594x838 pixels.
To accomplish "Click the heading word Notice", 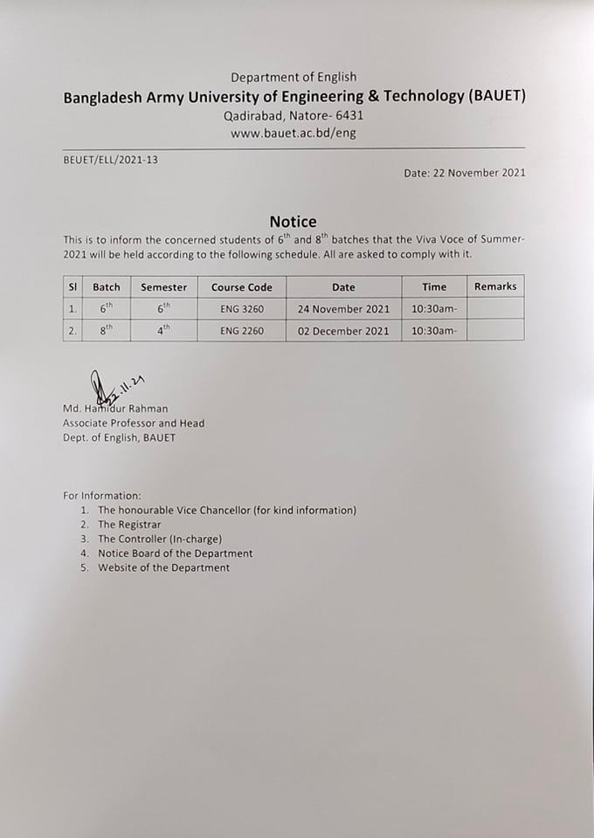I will pyautogui.click(x=293, y=222).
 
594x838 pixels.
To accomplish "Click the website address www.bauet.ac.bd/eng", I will pyautogui.click(x=293, y=134).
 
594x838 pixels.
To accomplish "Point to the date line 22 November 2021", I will pyautogui.click(x=465, y=173).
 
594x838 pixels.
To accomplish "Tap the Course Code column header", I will pyautogui.click(x=242, y=287).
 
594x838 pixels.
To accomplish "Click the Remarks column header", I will pyautogui.click(x=495, y=286).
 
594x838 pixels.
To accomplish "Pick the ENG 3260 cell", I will pyautogui.click(x=242, y=309).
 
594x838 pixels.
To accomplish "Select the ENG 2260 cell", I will pyautogui.click(x=242, y=331).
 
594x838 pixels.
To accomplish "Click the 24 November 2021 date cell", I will pyautogui.click(x=343, y=309).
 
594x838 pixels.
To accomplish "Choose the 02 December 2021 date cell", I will pyautogui.click(x=343, y=331).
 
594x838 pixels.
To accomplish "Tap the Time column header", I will pyautogui.click(x=434, y=287).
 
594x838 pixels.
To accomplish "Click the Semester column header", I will pyautogui.click(x=164, y=287).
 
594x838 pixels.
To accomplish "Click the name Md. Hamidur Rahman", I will pyautogui.click(x=115, y=409).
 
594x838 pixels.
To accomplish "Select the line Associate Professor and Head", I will pyautogui.click(x=134, y=423).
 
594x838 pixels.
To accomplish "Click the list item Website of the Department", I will pyautogui.click(x=163, y=567).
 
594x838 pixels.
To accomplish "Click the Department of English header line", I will pyautogui.click(x=293, y=78).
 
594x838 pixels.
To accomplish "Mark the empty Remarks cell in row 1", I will pyautogui.click(x=495, y=309).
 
